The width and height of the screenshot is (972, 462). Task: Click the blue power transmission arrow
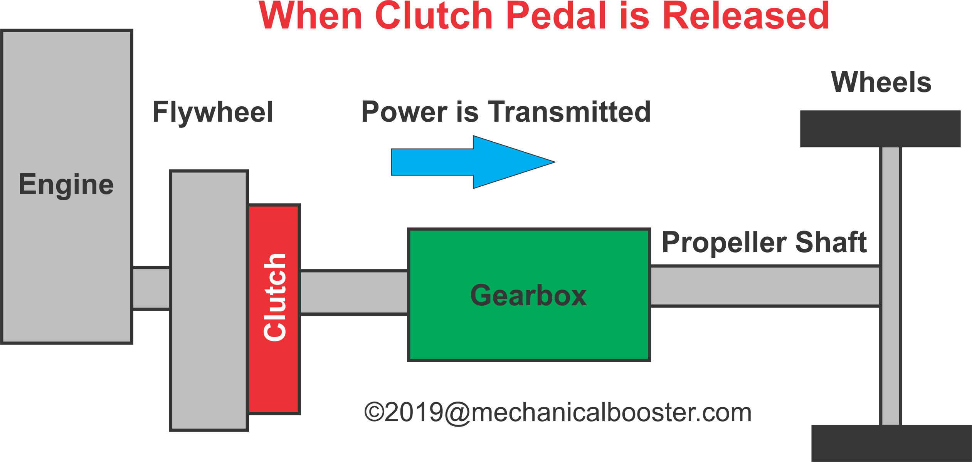(473, 162)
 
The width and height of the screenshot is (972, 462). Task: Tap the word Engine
(66, 185)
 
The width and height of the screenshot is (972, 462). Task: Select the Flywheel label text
(213, 112)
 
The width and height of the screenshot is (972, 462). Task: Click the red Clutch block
(274, 309)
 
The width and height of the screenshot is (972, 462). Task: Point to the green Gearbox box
(529, 295)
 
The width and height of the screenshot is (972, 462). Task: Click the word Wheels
(881, 82)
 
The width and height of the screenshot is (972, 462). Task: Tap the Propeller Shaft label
(764, 243)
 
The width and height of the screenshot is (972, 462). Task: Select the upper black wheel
(880, 129)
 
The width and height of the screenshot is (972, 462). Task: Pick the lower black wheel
(891, 444)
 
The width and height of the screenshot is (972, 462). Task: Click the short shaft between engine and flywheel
(151, 288)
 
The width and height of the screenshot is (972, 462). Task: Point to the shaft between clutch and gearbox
(354, 293)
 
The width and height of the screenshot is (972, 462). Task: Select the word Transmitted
(569, 112)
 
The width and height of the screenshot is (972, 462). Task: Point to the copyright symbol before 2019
(374, 412)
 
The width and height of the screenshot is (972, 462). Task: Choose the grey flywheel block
(209, 300)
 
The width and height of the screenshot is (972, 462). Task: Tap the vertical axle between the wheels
(890, 286)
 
